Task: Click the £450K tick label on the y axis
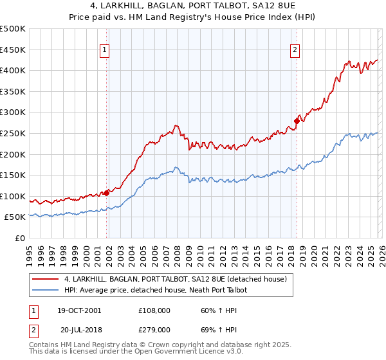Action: tap(13, 50)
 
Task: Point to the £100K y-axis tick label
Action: tap(13, 196)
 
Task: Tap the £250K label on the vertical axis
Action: tap(13, 133)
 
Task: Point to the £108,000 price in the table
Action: tap(154, 310)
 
